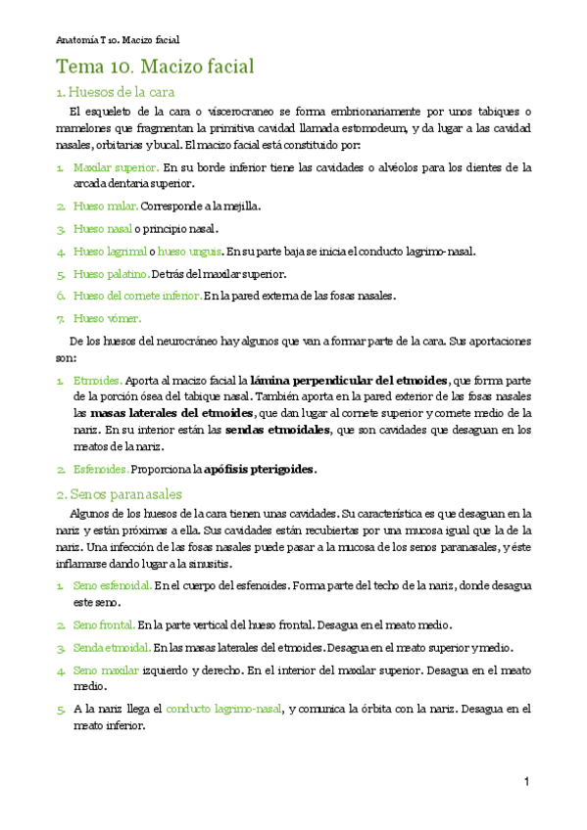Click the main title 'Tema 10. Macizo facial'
(x=155, y=68)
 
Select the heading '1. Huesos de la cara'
(x=115, y=92)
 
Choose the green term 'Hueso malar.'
(x=106, y=206)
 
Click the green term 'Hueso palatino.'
(x=112, y=273)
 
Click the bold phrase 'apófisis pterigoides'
(x=260, y=469)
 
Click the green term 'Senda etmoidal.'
(x=112, y=647)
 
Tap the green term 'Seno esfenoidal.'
(x=112, y=584)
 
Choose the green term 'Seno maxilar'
(x=105, y=669)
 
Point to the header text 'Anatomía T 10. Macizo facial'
(x=118, y=40)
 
